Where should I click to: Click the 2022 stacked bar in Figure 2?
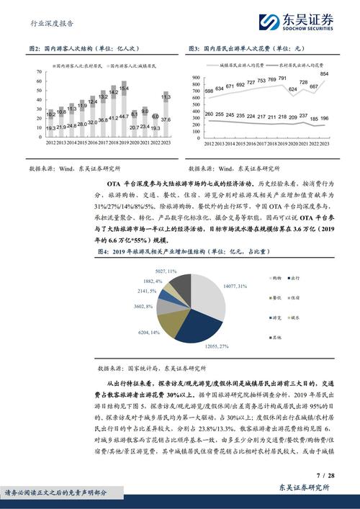[156, 127]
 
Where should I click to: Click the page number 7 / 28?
[325, 476]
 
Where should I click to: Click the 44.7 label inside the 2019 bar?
[124, 116]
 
